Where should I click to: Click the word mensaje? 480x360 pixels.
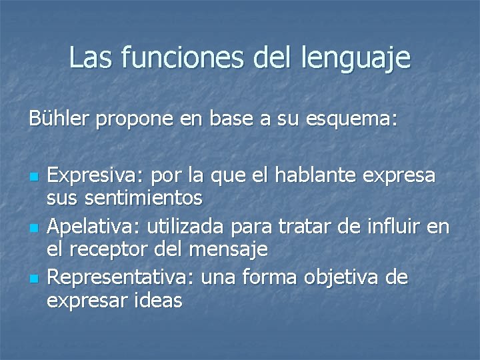[x=229, y=251]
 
